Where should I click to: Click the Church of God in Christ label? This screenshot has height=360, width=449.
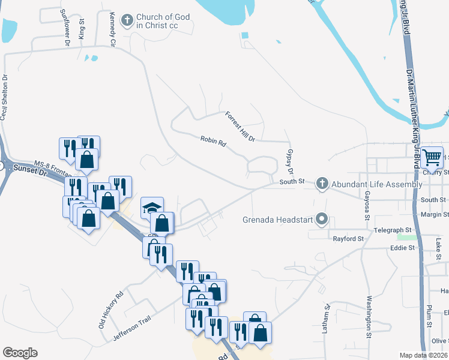pos(163,22)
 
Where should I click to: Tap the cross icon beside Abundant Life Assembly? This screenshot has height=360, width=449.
pos(322,184)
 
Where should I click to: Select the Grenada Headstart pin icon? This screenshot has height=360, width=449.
pos(322,219)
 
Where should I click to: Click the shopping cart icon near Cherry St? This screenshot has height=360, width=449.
pos(432,157)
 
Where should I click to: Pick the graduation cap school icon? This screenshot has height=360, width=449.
pos(152,208)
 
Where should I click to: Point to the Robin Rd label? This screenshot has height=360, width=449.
pos(213,142)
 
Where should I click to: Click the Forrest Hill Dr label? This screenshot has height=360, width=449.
pos(240,127)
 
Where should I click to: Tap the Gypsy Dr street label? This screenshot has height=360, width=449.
pos(291,160)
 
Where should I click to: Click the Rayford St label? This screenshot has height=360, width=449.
pos(349,239)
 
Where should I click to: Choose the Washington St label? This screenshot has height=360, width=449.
pos(370,315)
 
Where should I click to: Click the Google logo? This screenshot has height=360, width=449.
pos(20,353)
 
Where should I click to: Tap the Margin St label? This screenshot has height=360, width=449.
pos(435,214)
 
